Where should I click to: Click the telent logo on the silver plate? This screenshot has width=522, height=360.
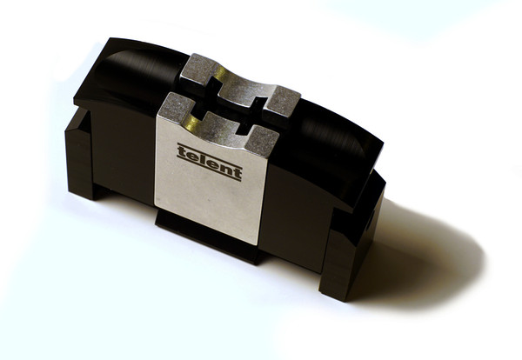(210, 162)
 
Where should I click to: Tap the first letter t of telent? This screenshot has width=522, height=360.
(182, 151)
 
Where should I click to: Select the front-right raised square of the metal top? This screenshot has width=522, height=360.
(262, 142)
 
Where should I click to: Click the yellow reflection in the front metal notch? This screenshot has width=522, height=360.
(191, 123)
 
